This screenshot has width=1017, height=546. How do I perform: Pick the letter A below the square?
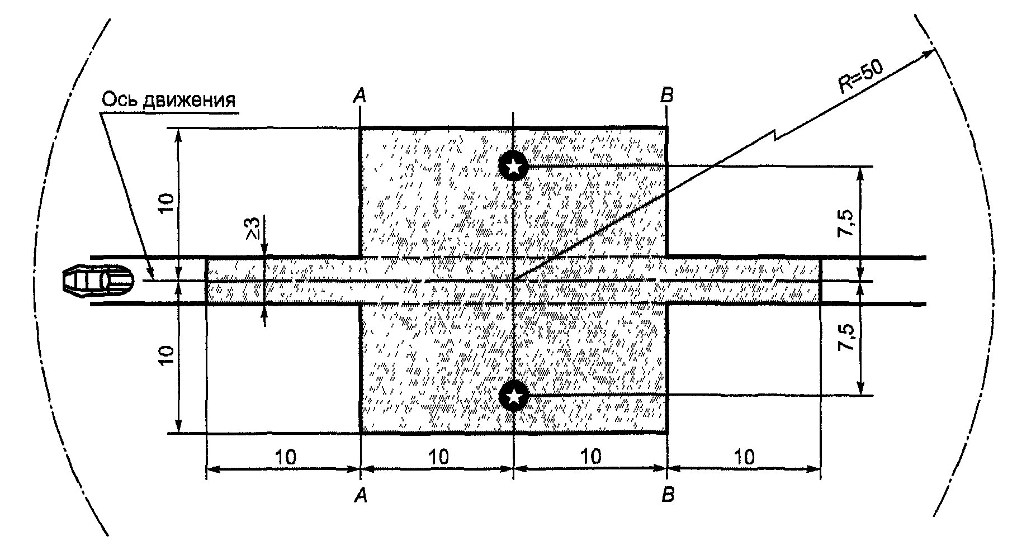pyautogui.click(x=361, y=495)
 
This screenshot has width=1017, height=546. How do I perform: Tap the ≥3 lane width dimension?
pyautogui.click(x=253, y=229)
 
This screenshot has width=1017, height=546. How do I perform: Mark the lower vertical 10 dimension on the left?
pyautogui.click(x=165, y=355)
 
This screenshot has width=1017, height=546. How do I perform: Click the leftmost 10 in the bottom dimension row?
pyautogui.click(x=286, y=457)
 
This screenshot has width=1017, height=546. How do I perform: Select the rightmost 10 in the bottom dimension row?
pyautogui.click(x=744, y=457)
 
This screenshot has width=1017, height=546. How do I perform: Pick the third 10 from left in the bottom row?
pyautogui.click(x=590, y=457)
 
